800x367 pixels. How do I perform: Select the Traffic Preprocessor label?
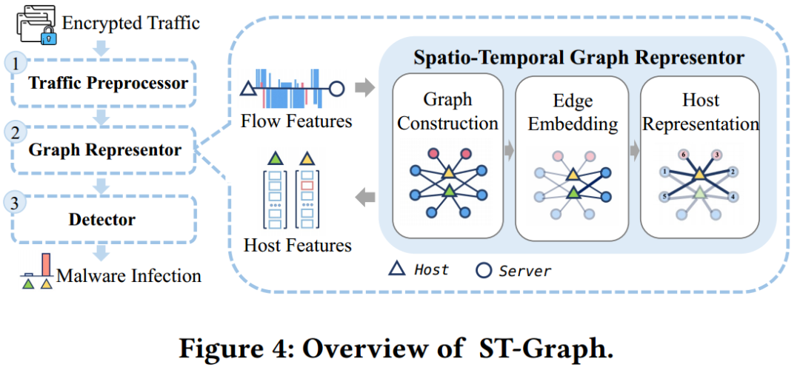[107, 83]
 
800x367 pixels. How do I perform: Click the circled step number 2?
[16, 134]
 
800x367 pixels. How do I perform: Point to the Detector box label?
[102, 220]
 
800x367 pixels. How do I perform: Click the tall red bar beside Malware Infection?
[46, 263]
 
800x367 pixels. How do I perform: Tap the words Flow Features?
[296, 121]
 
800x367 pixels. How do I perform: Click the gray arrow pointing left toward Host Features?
[365, 198]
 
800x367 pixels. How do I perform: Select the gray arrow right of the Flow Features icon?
[364, 87]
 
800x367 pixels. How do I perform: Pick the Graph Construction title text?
[447, 111]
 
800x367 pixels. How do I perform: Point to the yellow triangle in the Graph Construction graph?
[448, 173]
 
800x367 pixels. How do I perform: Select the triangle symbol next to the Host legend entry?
[396, 269]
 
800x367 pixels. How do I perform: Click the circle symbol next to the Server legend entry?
[483, 270]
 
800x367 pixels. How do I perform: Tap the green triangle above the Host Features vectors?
[276, 158]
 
